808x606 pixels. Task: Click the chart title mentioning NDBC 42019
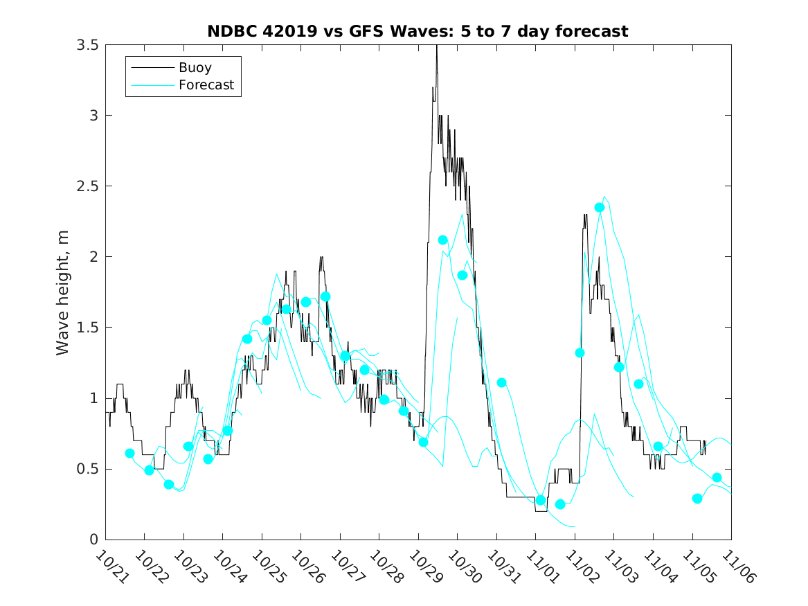pos(418,31)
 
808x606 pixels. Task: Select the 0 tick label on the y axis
pos(95,539)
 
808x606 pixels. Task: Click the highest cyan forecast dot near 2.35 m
pos(600,207)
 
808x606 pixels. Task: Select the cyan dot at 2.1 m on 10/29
pos(443,240)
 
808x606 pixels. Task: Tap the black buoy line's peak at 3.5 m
pos(436,46)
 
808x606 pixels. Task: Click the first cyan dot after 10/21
pos(129,453)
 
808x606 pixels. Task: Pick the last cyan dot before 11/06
pos(717,478)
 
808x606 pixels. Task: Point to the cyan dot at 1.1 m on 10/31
pos(502,382)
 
